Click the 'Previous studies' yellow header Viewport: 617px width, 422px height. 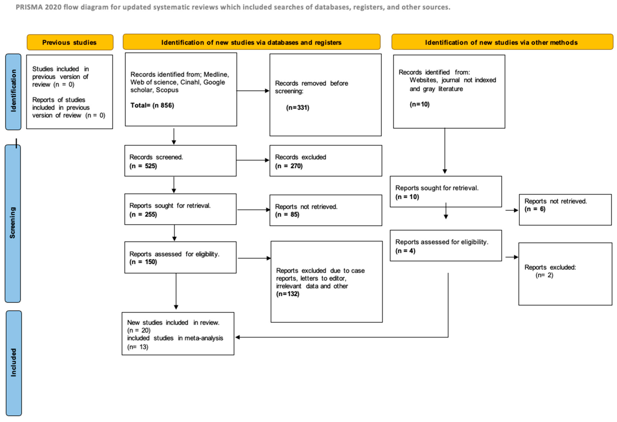tap(70, 43)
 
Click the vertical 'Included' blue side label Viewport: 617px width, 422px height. tap(13, 362)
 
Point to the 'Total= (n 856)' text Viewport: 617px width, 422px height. tap(152, 105)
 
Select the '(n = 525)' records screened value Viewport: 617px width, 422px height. tap(143, 166)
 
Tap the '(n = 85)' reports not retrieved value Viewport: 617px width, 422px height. tap(287, 214)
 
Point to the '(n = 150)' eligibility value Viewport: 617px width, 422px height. tap(143, 262)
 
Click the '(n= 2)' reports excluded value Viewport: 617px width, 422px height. tap(544, 275)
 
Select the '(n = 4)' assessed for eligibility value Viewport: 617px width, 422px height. tap(405, 251)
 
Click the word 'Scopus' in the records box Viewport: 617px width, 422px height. tap(167, 90)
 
